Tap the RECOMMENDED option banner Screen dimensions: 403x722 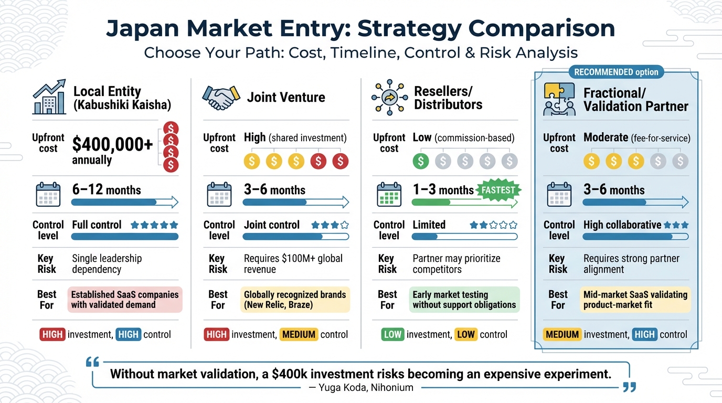coord(616,72)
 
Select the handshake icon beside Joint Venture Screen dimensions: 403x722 coord(220,98)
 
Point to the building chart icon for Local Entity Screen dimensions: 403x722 coord(49,98)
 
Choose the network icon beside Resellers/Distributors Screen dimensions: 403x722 coord(389,98)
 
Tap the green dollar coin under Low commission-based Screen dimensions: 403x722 coord(420,161)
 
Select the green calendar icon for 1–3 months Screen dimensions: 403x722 coord(389,194)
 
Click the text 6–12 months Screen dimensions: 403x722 coord(107,190)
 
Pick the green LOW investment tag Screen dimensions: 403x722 coord(392,334)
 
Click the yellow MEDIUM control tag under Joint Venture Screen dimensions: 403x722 coord(299,334)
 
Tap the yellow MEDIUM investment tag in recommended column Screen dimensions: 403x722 coord(562,334)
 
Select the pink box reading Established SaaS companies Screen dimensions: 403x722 coord(125,300)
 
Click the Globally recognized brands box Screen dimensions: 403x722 coord(295,300)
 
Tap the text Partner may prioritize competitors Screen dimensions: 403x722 coord(456,264)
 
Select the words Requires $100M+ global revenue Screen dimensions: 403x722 coord(293,264)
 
